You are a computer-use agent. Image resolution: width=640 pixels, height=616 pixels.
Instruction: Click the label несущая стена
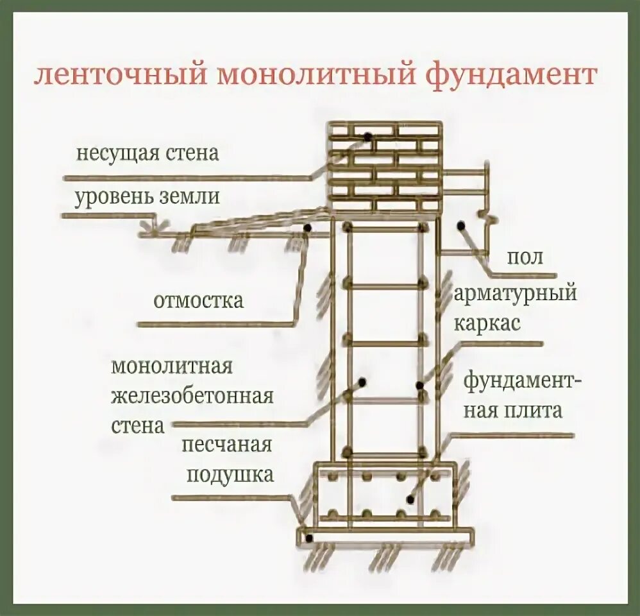147,154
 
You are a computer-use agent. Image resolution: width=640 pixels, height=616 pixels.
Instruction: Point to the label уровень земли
147,196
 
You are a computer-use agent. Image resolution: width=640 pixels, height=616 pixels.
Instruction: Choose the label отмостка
198,300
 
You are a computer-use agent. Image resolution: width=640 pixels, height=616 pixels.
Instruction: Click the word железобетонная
192,396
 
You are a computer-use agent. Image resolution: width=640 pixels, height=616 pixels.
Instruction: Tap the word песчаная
227,445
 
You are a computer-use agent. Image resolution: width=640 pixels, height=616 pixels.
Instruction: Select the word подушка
230,475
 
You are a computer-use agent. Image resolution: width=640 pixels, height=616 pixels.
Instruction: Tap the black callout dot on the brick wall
367,137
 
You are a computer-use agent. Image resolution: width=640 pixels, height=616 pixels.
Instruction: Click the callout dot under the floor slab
460,225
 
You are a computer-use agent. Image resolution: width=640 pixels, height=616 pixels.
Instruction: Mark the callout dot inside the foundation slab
408,498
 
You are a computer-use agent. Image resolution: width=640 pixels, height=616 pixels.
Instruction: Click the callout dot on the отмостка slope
308,227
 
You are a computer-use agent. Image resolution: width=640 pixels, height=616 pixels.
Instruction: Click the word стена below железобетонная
137,425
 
